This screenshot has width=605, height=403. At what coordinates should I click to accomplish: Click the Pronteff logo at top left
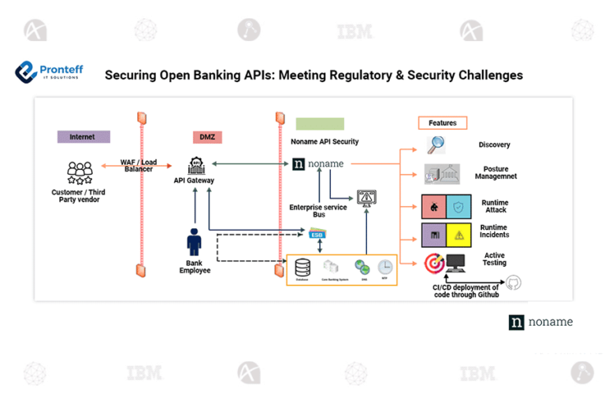48,72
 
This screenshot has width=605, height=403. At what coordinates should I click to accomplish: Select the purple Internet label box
82,137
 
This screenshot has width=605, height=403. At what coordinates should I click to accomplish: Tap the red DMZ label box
206,137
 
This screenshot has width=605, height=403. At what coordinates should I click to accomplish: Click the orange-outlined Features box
442,123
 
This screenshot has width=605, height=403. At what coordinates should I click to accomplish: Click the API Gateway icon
195,165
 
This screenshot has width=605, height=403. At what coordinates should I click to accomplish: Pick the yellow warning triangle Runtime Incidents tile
459,235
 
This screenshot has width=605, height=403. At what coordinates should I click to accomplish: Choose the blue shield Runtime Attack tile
459,206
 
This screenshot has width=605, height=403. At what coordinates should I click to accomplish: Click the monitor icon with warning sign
366,198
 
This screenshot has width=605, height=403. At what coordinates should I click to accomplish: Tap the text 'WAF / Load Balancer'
138,165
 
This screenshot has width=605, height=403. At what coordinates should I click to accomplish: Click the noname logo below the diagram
540,322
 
